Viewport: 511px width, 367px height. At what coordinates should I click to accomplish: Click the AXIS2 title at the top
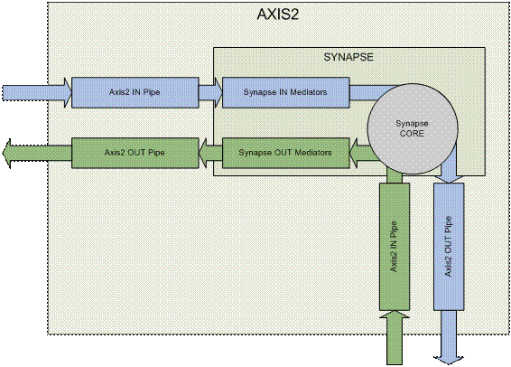278,14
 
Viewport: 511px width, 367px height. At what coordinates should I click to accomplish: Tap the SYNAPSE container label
348,57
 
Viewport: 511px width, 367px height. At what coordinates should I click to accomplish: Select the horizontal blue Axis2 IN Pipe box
135,92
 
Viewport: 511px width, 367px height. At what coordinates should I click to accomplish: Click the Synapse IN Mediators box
285,92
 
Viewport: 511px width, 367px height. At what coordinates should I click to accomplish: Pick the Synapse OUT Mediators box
285,153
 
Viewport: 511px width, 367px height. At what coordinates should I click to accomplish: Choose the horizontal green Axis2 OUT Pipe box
135,153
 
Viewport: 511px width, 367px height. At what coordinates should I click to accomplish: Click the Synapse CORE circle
413,128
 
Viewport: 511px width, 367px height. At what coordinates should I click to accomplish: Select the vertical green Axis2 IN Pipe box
395,247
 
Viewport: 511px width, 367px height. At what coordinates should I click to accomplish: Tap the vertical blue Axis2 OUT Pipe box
449,247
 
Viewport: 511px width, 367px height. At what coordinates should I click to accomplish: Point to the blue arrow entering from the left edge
36,92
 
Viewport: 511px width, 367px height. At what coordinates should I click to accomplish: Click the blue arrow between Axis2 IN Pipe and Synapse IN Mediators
210,92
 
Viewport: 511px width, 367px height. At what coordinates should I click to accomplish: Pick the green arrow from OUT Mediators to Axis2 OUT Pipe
210,153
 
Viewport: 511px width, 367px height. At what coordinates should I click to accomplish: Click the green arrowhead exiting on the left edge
6,154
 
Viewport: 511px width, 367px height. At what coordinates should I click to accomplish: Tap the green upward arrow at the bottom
395,337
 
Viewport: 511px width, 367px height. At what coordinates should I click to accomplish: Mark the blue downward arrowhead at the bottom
449,360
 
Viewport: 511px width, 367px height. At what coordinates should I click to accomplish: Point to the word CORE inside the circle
412,134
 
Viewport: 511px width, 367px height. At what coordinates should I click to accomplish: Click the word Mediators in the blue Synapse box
308,92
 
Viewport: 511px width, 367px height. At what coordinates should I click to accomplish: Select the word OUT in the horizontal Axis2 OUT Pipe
135,153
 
